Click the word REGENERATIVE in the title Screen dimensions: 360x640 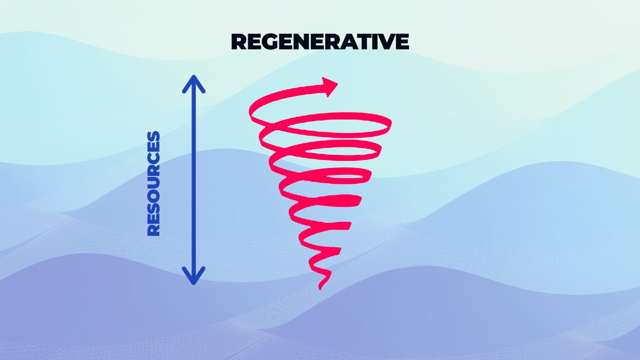pyautogui.click(x=320, y=42)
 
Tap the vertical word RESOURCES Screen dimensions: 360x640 pyautogui.click(x=154, y=184)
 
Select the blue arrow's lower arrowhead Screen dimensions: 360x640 pyautogui.click(x=193, y=277)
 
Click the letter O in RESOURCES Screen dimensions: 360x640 pyautogui.click(x=154, y=195)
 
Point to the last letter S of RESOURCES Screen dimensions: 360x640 pyautogui.click(x=154, y=137)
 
